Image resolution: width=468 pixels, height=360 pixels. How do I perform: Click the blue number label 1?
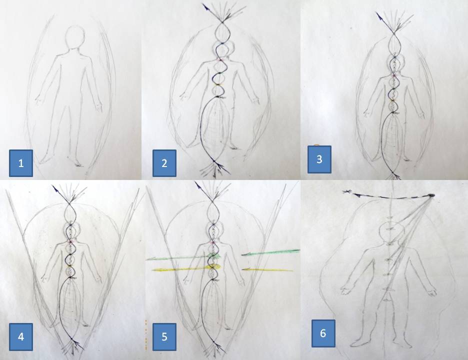coord(21,163)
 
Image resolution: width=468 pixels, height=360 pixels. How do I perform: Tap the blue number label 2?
coord(164,163)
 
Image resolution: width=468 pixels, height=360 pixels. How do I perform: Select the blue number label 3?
coord(319,159)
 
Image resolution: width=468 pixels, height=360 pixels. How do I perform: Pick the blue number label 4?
coord(21,336)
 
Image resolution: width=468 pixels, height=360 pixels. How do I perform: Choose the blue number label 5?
coord(164,336)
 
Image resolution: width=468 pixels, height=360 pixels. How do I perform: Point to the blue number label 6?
coord(323,333)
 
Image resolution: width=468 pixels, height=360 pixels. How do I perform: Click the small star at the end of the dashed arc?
coord(346,192)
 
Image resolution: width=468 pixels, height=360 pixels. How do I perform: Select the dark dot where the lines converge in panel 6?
coord(431,195)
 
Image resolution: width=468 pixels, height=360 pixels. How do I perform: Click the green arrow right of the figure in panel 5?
coord(270,252)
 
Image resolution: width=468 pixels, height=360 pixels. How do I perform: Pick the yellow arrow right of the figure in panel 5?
coord(267,270)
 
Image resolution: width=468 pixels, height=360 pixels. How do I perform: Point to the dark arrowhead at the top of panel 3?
coord(379,16)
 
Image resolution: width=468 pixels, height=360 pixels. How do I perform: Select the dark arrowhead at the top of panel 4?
coord(55,188)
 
